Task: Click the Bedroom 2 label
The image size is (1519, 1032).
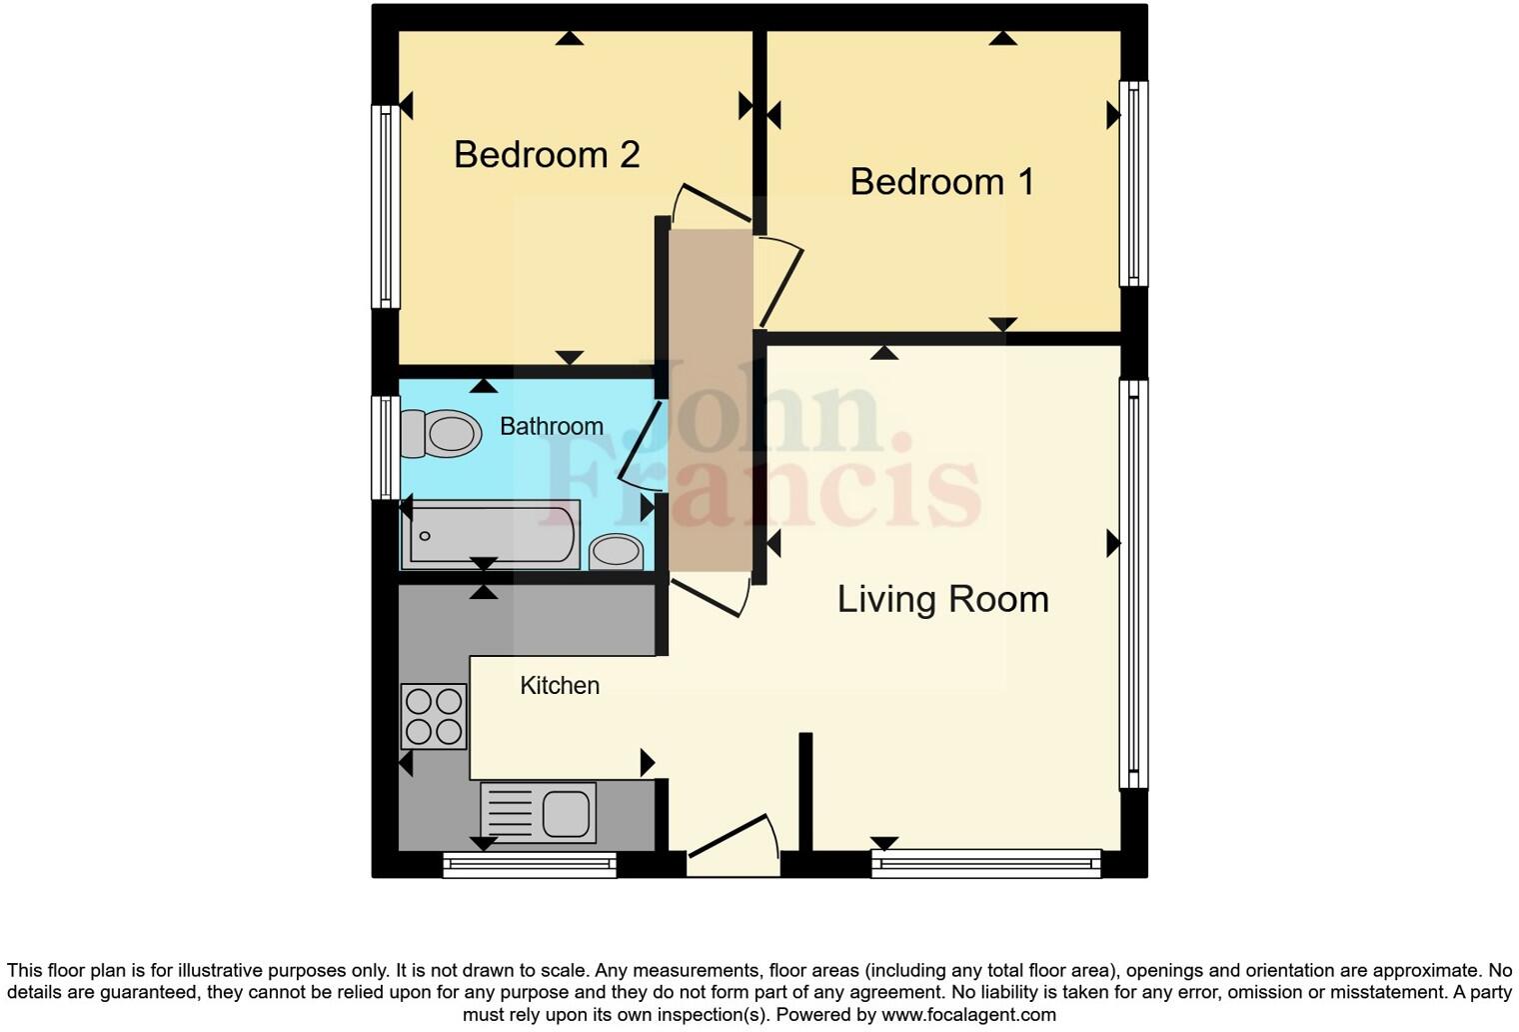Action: pyautogui.click(x=547, y=155)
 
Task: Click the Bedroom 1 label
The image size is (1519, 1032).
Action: pyautogui.click(x=941, y=182)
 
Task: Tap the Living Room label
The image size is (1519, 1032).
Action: pyautogui.click(x=942, y=599)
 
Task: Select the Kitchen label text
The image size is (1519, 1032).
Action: pyautogui.click(x=560, y=686)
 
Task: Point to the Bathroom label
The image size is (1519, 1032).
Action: pyautogui.click(x=551, y=427)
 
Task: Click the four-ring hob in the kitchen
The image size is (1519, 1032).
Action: pyautogui.click(x=434, y=716)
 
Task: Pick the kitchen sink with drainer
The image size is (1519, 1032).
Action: pyautogui.click(x=539, y=811)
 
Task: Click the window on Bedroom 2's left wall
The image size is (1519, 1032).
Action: pyautogui.click(x=386, y=206)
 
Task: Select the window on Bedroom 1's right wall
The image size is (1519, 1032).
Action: pyautogui.click(x=1133, y=183)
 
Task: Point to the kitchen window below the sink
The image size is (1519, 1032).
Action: pyautogui.click(x=530, y=865)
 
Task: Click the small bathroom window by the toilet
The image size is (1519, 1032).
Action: pyautogui.click(x=385, y=447)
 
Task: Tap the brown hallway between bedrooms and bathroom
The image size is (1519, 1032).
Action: pyautogui.click(x=710, y=400)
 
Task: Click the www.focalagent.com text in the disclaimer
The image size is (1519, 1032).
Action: pyautogui.click(x=966, y=1015)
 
